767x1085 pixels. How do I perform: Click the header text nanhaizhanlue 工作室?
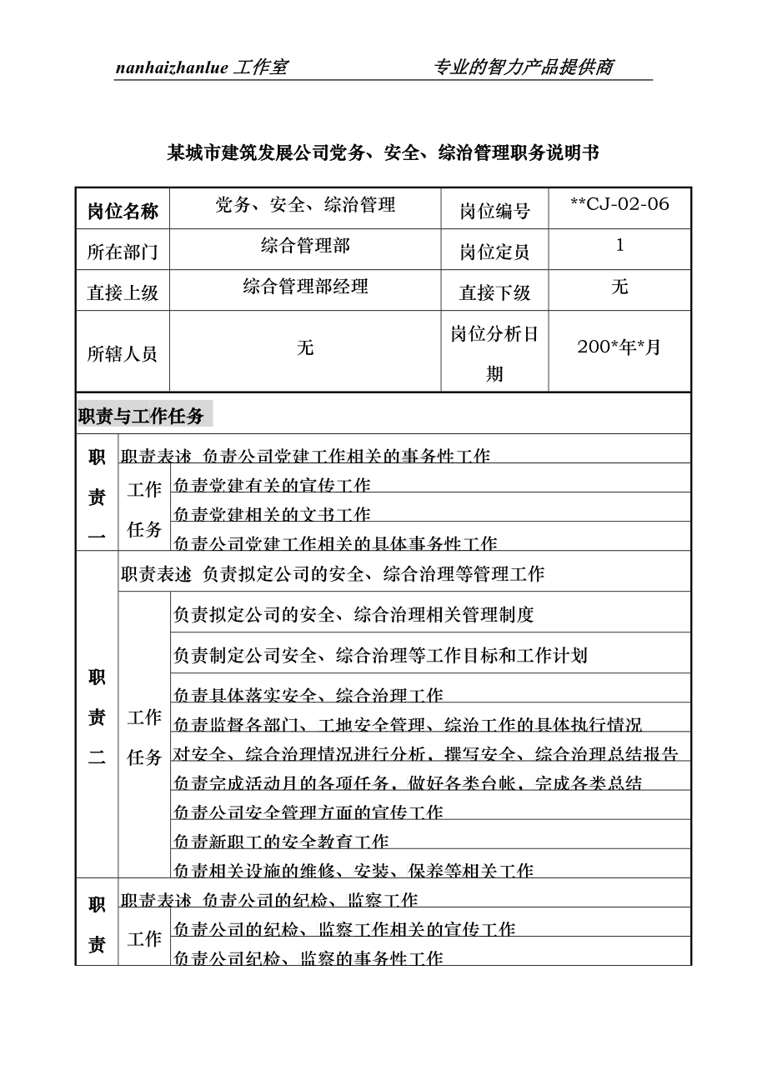pyautogui.click(x=201, y=67)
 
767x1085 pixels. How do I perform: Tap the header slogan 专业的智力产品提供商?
pyautogui.click(x=524, y=67)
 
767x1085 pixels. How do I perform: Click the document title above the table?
pyautogui.click(x=383, y=152)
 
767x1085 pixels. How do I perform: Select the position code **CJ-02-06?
pyautogui.click(x=619, y=204)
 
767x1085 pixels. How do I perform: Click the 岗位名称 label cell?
pyautogui.click(x=123, y=211)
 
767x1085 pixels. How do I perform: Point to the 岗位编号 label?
pyautogui.click(x=494, y=211)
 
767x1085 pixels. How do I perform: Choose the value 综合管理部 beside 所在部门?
pyautogui.click(x=305, y=245)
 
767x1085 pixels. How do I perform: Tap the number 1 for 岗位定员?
pyautogui.click(x=619, y=245)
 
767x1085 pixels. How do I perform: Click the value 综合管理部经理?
pyautogui.click(x=305, y=287)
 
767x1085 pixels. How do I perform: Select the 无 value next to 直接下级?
pyautogui.click(x=619, y=287)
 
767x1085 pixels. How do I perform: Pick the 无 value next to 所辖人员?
pyautogui.click(x=305, y=347)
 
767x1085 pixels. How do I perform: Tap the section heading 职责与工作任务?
pyautogui.click(x=141, y=415)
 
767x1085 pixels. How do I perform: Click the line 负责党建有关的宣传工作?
pyautogui.click(x=272, y=485)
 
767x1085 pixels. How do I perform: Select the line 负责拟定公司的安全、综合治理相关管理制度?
pyautogui.click(x=353, y=615)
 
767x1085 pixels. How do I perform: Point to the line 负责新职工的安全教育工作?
pyautogui.click(x=281, y=842)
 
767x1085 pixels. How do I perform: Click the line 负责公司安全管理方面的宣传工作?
pyautogui.click(x=308, y=812)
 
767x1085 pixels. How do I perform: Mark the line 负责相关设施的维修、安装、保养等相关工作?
pyautogui.click(x=353, y=871)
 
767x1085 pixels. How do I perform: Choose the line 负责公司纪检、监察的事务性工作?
pyautogui.click(x=308, y=958)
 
